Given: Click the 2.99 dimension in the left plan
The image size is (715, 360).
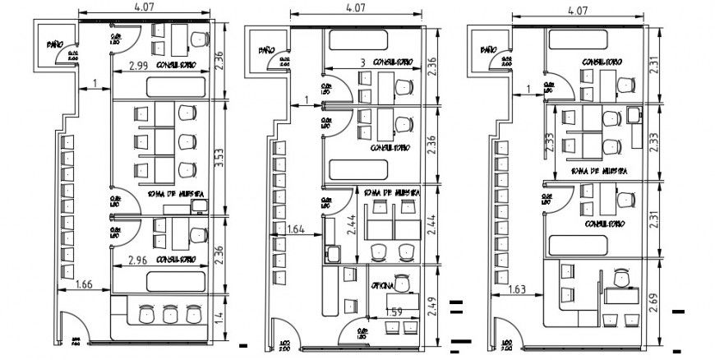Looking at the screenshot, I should (138, 67).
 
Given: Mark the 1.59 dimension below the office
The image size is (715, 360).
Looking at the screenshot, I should (395, 312).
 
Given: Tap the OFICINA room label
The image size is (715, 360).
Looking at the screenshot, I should (385, 286).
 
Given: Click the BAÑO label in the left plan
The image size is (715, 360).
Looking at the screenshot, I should (55, 45).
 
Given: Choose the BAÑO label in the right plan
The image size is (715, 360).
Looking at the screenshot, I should (487, 51).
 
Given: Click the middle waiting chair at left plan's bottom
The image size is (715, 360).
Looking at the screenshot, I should (170, 313).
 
